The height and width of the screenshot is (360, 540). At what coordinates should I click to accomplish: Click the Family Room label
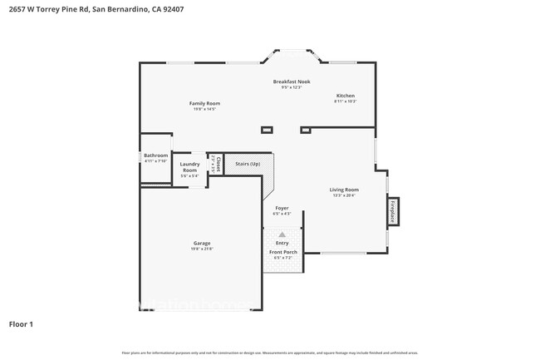(204, 103)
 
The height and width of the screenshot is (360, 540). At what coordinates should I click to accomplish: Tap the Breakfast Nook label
(291, 81)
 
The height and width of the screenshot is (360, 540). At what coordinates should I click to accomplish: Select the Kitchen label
(345, 96)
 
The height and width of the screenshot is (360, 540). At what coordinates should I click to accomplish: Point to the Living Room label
(344, 190)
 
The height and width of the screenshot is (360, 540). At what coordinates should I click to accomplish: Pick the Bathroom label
(155, 155)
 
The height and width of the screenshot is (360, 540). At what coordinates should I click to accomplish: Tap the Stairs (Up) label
(248, 164)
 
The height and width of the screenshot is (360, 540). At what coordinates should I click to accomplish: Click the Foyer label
(282, 208)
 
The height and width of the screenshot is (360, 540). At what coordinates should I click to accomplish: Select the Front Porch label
(282, 252)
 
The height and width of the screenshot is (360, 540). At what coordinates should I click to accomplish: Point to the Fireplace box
(393, 210)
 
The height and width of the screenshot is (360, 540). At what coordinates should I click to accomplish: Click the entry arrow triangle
(282, 234)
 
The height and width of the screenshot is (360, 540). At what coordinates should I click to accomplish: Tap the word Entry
(282, 243)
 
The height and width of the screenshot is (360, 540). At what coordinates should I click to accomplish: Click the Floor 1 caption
(22, 323)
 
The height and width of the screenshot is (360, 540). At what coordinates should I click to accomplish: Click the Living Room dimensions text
(344, 195)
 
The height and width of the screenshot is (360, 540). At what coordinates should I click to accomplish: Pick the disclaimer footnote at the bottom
(269, 353)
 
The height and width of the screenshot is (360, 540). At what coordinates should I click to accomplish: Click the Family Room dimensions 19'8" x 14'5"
(204, 109)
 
